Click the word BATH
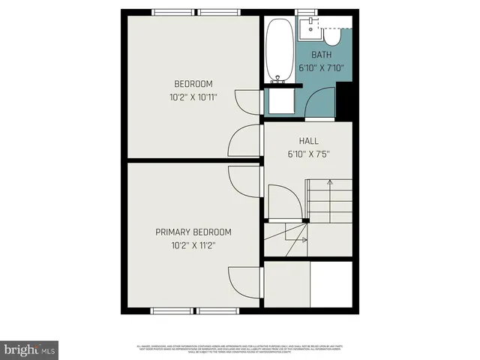pyautogui.click(x=322, y=55)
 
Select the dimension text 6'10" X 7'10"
pyautogui.click(x=321, y=67)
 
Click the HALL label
pyautogui.click(x=308, y=140)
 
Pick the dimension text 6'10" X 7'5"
pyautogui.click(x=308, y=154)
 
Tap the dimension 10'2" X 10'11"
pyautogui.click(x=193, y=96)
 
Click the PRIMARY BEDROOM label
pyautogui.click(x=193, y=232)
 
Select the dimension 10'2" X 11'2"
pyautogui.click(x=193, y=244)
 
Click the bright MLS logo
pyautogui.click(x=30, y=349)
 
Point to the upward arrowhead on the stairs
pyautogui.click(x=305, y=221)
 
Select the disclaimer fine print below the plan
pyautogui.click(x=240, y=349)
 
